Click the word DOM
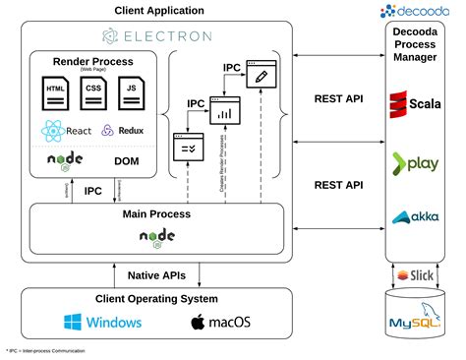click(x=126, y=160)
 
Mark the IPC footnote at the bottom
click(x=44, y=350)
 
